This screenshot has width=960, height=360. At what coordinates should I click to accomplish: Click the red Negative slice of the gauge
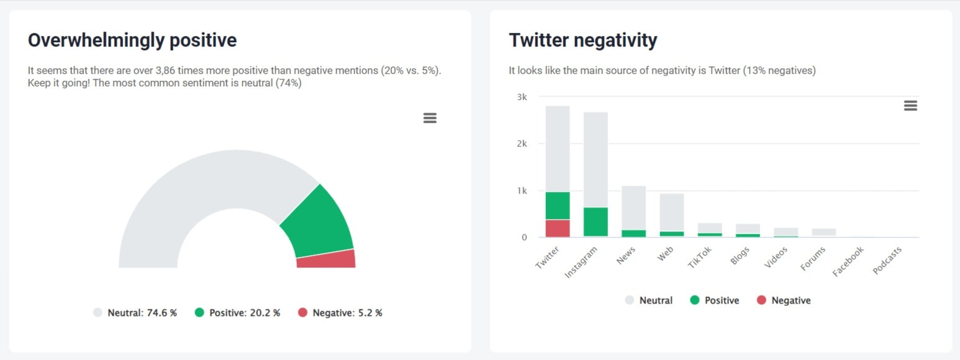326,259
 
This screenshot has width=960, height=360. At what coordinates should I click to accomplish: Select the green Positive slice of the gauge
317,222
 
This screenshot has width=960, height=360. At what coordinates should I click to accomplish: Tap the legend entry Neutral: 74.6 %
135,313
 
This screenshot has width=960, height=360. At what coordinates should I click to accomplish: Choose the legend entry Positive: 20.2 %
238,313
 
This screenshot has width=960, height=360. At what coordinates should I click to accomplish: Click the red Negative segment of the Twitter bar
558,228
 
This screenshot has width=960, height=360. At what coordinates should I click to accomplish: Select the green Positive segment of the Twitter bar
558,205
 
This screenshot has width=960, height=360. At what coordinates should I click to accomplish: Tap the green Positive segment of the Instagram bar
595,222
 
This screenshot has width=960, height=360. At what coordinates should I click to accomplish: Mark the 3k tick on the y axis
522,97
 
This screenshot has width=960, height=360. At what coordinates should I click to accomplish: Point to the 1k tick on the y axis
522,191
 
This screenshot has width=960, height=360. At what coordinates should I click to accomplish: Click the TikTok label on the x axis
700,257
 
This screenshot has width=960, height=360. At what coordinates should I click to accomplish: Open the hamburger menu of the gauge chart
430,118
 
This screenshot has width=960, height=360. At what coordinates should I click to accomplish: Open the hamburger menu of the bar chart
910,106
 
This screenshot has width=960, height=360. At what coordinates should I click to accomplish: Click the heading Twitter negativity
582,40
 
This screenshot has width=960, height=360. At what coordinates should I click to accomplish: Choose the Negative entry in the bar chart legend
784,300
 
